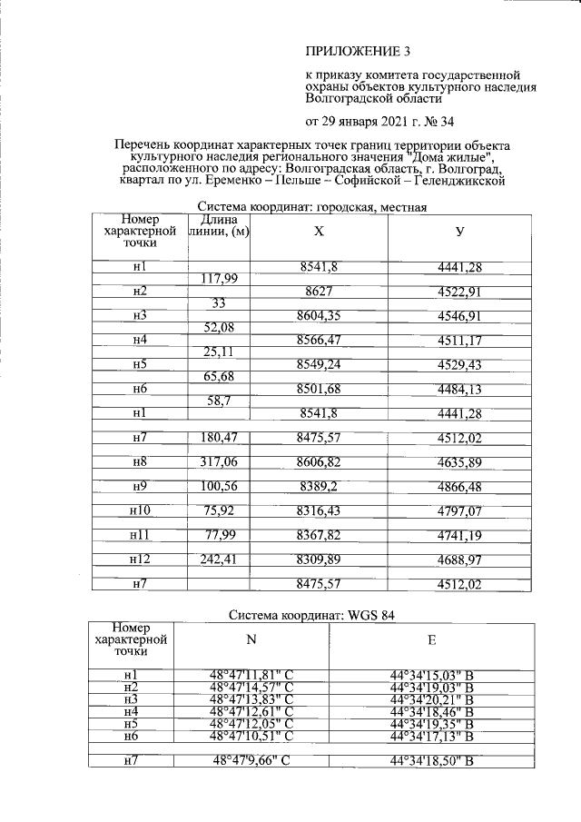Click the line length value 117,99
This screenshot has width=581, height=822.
click(x=218, y=278)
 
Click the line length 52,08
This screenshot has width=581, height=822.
click(x=218, y=327)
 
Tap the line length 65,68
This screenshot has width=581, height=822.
click(x=218, y=376)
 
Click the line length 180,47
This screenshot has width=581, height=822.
click(x=218, y=438)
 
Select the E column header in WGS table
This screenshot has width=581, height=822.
click(x=431, y=641)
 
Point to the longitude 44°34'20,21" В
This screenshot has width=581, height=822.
click(x=432, y=699)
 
